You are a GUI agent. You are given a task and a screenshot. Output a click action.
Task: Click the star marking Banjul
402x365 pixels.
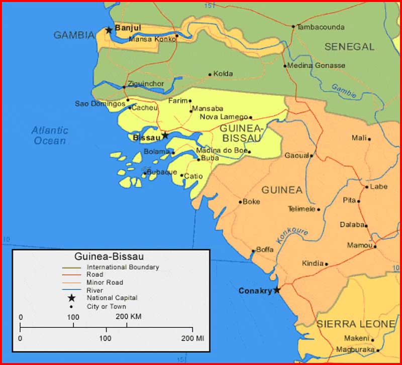(x=109, y=30)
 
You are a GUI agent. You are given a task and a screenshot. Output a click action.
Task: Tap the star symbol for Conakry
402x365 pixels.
(x=276, y=290)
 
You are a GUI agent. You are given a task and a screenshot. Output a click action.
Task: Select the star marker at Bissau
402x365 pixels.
(x=165, y=136)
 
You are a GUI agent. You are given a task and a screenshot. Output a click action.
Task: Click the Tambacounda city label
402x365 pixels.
(x=321, y=27)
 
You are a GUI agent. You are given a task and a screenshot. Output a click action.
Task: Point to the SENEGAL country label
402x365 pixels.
(x=349, y=47)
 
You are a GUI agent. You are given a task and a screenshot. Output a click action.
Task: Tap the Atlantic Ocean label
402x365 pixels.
(x=50, y=136)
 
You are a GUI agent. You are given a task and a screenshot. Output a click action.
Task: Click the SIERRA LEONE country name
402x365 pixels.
(x=356, y=324)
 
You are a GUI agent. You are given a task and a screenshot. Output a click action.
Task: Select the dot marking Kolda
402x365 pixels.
(x=210, y=75)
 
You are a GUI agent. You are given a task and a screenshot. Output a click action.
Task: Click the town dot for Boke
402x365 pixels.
(x=240, y=203)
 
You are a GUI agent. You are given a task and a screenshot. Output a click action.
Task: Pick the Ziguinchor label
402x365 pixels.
(x=146, y=83)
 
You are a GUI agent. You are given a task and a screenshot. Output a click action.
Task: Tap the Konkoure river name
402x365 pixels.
(x=292, y=234)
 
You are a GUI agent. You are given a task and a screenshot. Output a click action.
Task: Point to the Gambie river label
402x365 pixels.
(x=344, y=90)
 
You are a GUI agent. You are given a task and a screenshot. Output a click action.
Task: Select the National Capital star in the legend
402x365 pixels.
(x=72, y=298)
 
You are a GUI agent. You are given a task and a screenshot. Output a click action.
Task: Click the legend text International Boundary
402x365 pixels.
(x=123, y=267)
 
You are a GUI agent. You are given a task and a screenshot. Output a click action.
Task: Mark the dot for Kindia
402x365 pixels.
(x=327, y=264)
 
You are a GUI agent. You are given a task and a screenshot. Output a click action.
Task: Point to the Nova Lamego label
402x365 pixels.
(x=224, y=117)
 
